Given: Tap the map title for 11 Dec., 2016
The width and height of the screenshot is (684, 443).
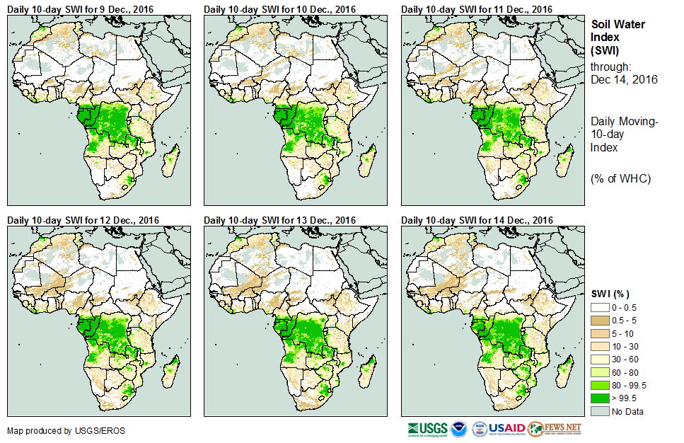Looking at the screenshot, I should [x=477, y=8].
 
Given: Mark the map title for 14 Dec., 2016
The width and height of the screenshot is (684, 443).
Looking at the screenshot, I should [x=477, y=220].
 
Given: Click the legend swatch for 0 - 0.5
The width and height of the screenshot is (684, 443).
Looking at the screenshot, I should [x=599, y=307].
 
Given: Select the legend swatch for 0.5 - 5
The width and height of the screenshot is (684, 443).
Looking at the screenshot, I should [x=599, y=320].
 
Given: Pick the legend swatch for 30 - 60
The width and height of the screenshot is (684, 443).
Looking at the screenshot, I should [x=599, y=359].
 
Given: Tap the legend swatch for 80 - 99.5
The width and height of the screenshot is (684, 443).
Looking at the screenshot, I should [x=599, y=385].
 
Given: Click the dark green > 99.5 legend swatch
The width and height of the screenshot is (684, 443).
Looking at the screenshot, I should [x=599, y=398].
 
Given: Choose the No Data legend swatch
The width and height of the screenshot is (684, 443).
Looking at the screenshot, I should [x=599, y=411].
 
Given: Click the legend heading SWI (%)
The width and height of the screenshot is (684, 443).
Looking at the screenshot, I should [x=610, y=294].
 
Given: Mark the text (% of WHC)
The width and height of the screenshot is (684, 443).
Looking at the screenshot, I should [x=620, y=178].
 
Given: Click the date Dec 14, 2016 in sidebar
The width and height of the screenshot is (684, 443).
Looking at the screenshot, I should [x=624, y=79].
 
